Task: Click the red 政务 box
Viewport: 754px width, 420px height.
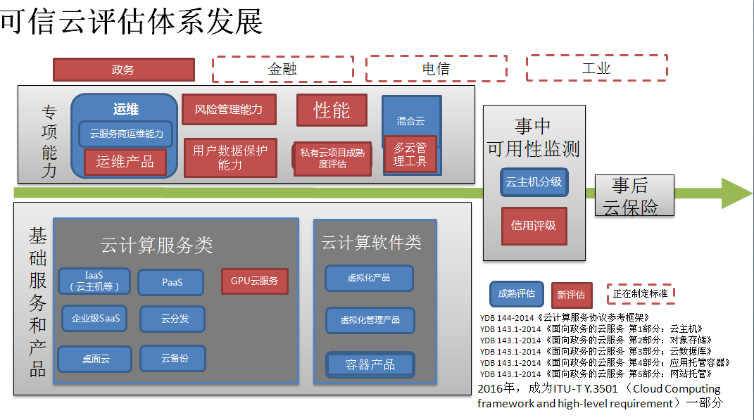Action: click(124, 70)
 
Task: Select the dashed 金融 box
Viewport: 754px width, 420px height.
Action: click(282, 69)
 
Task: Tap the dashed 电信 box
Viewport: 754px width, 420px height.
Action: click(436, 69)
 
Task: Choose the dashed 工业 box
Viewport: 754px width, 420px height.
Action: click(596, 68)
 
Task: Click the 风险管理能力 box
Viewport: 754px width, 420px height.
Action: click(229, 110)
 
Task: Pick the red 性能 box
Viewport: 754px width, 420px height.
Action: click(332, 110)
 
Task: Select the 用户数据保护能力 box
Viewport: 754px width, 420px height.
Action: click(230, 158)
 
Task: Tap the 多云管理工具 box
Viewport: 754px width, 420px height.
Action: click(410, 154)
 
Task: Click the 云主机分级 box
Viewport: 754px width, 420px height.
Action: click(534, 182)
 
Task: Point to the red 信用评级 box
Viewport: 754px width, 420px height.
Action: click(534, 226)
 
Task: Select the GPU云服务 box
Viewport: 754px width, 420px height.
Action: click(254, 281)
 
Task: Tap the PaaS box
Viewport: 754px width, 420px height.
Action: click(172, 282)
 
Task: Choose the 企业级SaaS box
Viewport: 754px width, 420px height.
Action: click(96, 319)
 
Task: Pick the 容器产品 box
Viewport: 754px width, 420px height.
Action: click(370, 364)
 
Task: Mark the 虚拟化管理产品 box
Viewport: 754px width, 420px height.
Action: click(370, 320)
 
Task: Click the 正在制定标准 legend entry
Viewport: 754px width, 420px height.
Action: click(640, 293)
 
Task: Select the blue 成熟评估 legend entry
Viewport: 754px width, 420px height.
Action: click(516, 294)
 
